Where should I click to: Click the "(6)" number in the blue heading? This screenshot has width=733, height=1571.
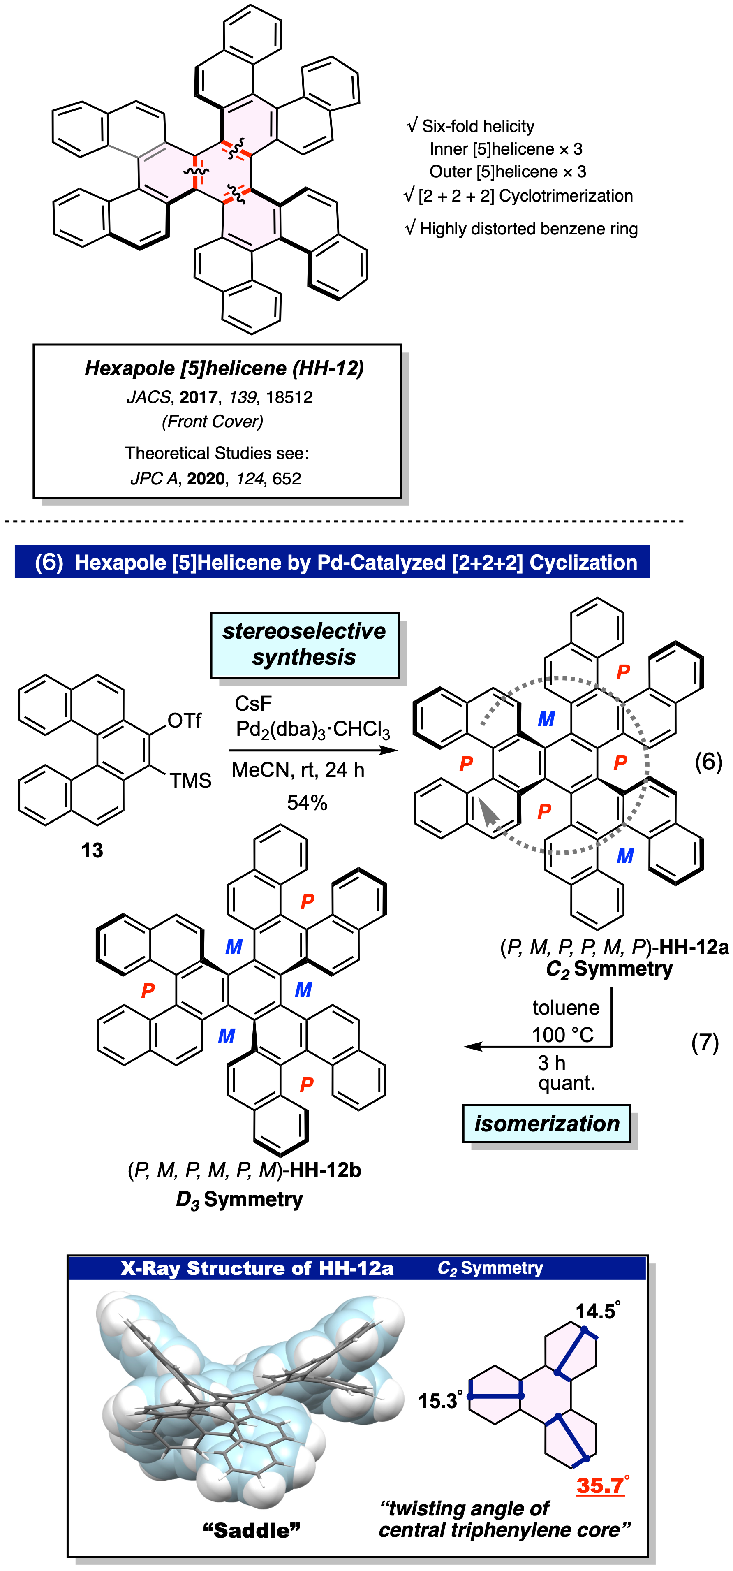pyautogui.click(x=49, y=562)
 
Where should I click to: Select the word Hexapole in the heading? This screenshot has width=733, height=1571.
pyautogui.click(x=120, y=562)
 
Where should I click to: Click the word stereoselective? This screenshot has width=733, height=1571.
pyautogui.click(x=304, y=631)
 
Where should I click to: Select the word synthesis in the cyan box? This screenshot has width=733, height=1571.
pyautogui.click(x=304, y=658)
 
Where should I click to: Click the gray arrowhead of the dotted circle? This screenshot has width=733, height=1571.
pyautogui.click(x=487, y=811)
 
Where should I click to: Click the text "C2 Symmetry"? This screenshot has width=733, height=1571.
pyautogui.click(x=490, y=1268)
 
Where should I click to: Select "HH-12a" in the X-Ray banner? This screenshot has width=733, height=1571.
pyautogui.click(x=356, y=1268)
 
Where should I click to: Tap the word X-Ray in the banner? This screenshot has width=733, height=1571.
pyautogui.click(x=150, y=1268)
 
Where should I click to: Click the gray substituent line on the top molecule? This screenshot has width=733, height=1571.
pyautogui.click(x=124, y=152)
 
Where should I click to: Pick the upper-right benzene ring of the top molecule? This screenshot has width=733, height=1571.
pyautogui.click(x=250, y=125)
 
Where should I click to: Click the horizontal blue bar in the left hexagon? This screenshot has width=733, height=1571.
pyautogui.click(x=496, y=1396)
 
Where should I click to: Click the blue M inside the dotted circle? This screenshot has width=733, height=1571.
pyautogui.click(x=546, y=719)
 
